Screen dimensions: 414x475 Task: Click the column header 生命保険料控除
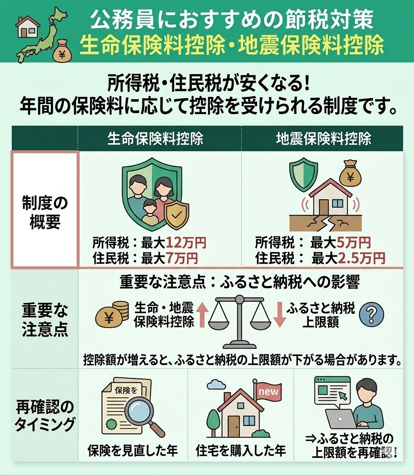(155, 139)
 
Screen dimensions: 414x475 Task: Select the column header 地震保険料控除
(323, 139)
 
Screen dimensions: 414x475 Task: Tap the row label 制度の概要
(45, 213)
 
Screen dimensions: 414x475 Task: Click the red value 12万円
(186, 242)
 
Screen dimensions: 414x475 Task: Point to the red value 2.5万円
(361, 258)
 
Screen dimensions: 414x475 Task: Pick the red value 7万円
(182, 258)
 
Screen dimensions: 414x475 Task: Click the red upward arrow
(202, 315)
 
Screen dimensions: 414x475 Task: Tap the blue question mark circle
(371, 315)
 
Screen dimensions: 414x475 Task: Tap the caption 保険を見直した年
(132, 451)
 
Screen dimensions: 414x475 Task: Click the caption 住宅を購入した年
(241, 451)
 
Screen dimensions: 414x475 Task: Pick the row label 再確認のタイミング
(45, 415)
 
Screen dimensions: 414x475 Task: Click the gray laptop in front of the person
(340, 419)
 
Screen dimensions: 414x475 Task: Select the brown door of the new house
(234, 426)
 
